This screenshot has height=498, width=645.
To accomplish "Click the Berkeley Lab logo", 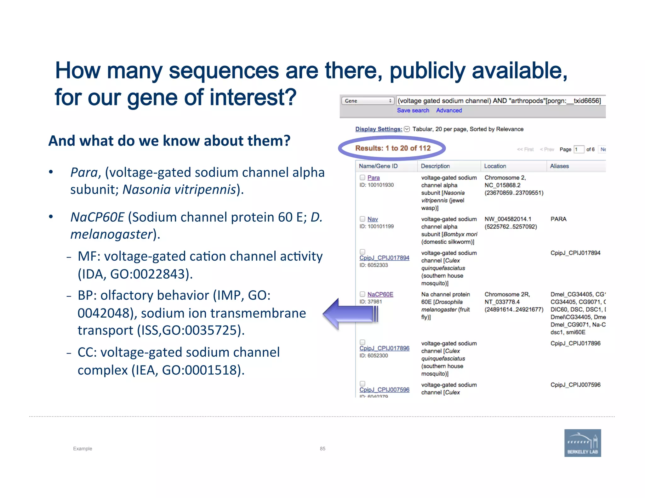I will point(582,443).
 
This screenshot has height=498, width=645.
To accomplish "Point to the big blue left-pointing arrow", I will point(350,314).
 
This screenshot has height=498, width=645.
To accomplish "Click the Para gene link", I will point(374,178).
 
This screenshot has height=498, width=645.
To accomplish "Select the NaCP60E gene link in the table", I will point(380,294).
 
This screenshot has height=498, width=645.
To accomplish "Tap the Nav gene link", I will point(373,219).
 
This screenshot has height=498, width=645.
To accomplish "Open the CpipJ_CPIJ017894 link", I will point(384,258).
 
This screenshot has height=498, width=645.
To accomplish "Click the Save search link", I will point(413,110).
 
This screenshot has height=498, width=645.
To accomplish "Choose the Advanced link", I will point(449,110).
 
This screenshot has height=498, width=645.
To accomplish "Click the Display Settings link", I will point(379,129).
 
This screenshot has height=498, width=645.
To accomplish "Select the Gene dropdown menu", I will point(368,101).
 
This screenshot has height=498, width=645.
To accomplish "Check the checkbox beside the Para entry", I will point(362,178).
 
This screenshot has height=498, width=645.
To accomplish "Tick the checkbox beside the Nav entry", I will point(362,219).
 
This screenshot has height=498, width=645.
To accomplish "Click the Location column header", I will point(495,166).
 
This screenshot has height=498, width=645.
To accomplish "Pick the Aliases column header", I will point(559,166).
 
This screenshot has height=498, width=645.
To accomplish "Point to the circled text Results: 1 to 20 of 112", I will point(393,148).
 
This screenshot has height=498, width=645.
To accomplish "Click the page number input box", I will point(579,150).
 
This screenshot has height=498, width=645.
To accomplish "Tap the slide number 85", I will point(322,449).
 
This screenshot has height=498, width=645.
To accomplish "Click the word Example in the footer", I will point(83,449).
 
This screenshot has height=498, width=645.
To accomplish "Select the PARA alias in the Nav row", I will point(558,219).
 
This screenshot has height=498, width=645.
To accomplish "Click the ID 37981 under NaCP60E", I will point(371,302).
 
